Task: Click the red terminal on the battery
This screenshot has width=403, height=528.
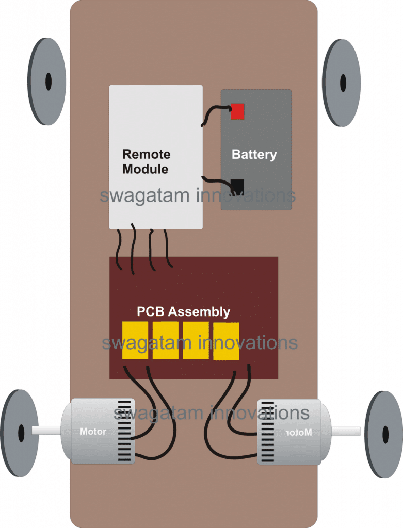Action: tap(237, 111)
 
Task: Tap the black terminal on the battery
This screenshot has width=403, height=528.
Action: tap(237, 187)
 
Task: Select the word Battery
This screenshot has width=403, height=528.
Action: tap(254, 155)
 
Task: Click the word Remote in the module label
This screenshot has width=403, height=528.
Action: tap(146, 154)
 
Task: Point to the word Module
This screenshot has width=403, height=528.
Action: tap(145, 169)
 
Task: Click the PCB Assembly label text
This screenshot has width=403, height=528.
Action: tap(183, 312)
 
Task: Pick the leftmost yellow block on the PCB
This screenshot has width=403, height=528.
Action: tap(135, 340)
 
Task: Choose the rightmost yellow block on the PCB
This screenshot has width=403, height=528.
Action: tap(226, 341)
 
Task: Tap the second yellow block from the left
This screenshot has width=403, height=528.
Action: tap(166, 340)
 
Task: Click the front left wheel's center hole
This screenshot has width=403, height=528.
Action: tap(49, 81)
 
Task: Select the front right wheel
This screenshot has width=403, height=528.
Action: tap(341, 83)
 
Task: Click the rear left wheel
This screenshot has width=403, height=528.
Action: tap(20, 433)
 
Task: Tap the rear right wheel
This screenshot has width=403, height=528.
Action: tap(384, 434)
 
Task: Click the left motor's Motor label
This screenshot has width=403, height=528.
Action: tap(93, 432)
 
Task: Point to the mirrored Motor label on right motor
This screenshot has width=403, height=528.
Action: tap(299, 433)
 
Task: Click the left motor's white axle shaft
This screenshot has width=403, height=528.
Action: tap(46, 430)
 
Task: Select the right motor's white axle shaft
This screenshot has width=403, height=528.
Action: tap(346, 431)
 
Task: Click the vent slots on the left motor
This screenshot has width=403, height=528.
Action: tap(124, 432)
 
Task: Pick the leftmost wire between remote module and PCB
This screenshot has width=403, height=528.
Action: tap(119, 249)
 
